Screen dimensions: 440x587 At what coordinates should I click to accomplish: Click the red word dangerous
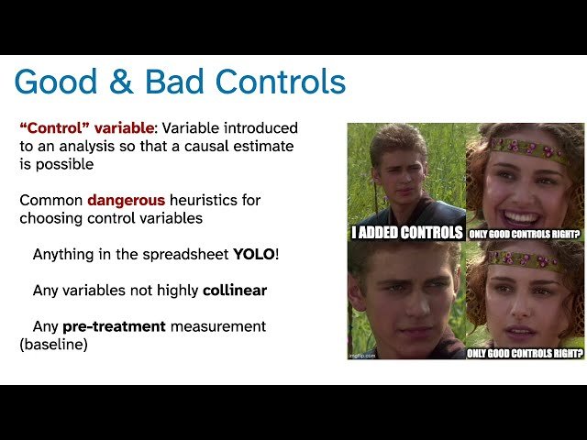coord(127,200)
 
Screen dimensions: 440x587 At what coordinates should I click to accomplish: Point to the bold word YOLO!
coord(256,253)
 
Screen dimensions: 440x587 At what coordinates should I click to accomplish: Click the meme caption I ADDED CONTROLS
coord(407,233)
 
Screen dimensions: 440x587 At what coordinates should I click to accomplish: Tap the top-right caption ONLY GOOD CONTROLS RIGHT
coord(526,234)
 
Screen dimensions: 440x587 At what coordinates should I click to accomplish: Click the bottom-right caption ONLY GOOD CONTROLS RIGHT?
coord(525,352)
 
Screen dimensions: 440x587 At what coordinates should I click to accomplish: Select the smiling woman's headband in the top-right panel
coord(526,146)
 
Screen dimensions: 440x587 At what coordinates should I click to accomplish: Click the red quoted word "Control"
coord(54,128)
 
